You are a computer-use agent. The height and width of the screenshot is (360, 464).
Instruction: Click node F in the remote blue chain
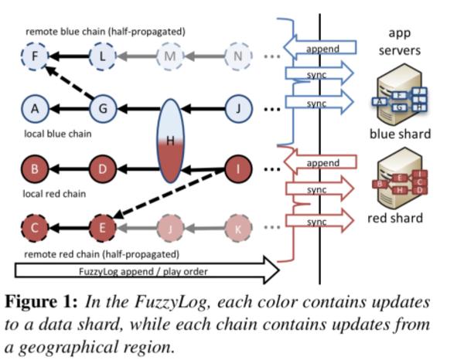(34, 56)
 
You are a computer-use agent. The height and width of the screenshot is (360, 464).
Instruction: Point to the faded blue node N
(238, 56)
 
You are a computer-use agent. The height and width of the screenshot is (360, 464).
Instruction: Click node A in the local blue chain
(34, 109)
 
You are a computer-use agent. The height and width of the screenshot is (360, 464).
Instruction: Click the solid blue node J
(238, 109)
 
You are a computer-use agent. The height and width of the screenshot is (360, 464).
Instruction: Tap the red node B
(34, 168)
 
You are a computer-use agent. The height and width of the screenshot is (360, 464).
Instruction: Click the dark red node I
(238, 168)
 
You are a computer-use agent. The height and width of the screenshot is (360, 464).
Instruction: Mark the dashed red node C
(34, 227)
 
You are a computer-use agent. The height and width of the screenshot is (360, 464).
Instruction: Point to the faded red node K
(238, 227)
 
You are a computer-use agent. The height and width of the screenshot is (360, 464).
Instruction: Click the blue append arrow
(319, 48)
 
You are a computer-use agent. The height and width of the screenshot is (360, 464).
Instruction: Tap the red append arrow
(319, 163)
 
